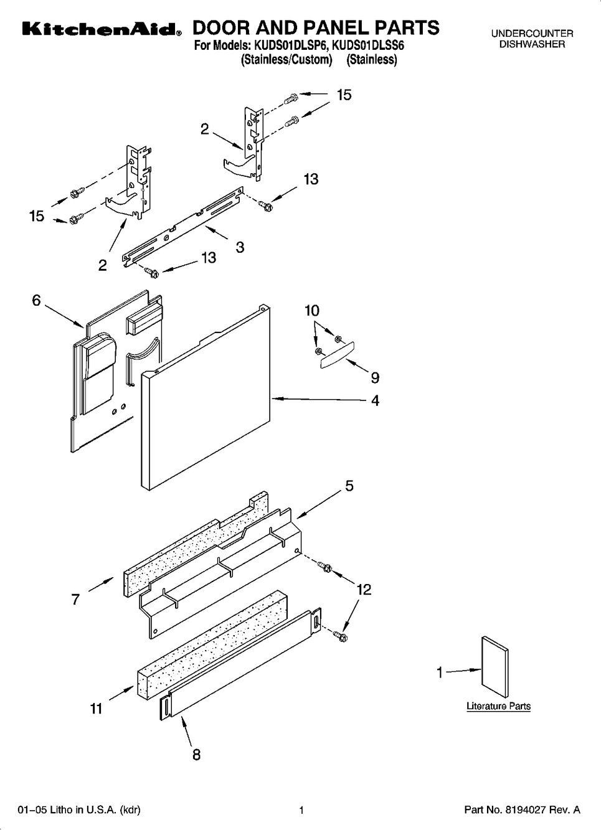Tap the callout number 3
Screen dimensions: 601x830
(x=240, y=247)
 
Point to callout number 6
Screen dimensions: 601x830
(x=36, y=300)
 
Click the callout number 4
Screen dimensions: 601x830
(x=376, y=400)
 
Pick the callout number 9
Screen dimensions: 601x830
(x=375, y=377)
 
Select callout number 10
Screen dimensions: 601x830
(x=312, y=311)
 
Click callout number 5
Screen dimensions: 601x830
(x=349, y=486)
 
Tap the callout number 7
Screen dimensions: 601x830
(x=75, y=599)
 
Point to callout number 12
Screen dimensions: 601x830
(x=364, y=590)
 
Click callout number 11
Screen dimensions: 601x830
(x=97, y=709)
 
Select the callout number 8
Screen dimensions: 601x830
(x=196, y=755)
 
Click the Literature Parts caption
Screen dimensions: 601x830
(x=498, y=706)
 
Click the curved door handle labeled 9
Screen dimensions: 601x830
(x=337, y=355)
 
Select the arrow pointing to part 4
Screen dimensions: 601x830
(x=320, y=400)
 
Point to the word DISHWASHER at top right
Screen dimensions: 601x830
(x=532, y=44)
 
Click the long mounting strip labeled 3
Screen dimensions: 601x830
(x=183, y=227)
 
